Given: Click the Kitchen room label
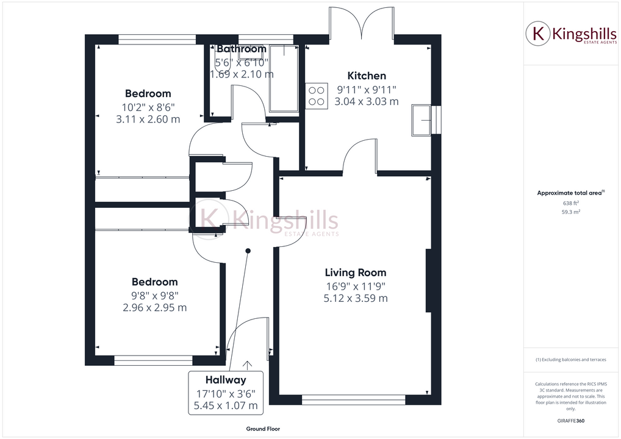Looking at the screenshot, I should click(x=367, y=76).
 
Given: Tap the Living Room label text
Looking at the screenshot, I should click(x=355, y=273).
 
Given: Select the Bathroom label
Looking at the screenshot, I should click(x=241, y=49).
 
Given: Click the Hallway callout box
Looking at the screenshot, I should click(x=226, y=392).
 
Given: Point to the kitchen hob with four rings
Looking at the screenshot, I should click(x=317, y=96).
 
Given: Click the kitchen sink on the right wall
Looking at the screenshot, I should click(x=422, y=120).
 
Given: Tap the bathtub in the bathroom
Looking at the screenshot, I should click(x=284, y=77).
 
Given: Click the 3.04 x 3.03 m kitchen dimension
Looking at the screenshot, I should click(x=367, y=102).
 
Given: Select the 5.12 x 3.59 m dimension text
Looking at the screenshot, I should click(x=356, y=298).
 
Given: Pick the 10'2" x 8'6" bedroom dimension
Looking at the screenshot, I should click(x=148, y=107).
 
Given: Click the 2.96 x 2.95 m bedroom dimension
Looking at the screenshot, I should click(x=155, y=307).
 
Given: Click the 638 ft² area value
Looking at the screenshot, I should click(x=570, y=203).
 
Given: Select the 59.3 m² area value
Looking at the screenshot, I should click(x=570, y=212).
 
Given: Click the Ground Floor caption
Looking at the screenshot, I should click(x=263, y=429).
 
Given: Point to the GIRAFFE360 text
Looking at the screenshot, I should click(x=570, y=421).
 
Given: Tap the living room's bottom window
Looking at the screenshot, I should click(x=353, y=400).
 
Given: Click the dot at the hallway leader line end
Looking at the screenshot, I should click(x=248, y=251).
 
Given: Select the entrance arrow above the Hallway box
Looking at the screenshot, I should click(x=247, y=365).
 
